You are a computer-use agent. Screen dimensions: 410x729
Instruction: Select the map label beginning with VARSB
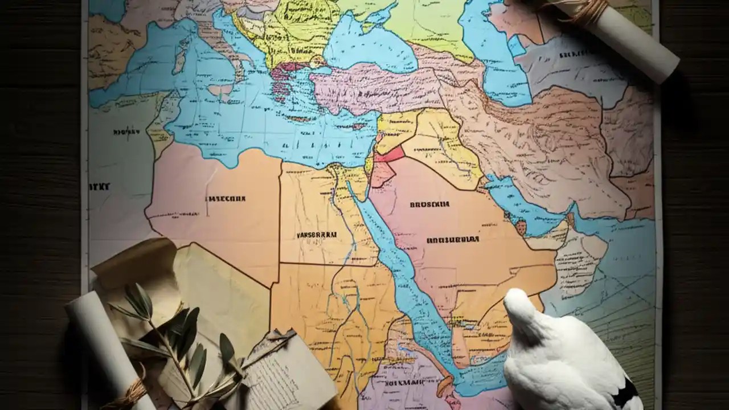pos(316,235)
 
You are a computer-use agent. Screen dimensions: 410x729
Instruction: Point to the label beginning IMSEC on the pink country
pos(225,199)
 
